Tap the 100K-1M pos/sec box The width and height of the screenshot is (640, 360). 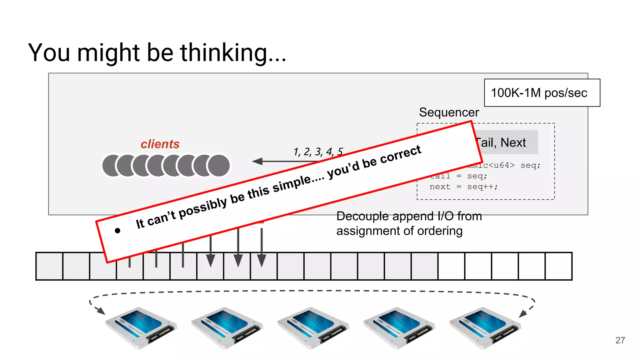542,93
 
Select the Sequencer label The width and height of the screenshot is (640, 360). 449,112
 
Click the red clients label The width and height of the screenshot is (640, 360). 160,144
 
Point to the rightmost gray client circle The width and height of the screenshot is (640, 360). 219,166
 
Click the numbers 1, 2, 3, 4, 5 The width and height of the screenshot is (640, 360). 318,152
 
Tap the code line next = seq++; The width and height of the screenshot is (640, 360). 463,187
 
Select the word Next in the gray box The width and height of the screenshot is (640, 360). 513,143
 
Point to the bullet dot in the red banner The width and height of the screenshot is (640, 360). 117,231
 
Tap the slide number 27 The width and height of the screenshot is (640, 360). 620,340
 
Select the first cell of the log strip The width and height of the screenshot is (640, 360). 49,266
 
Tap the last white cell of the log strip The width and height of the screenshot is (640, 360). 558,266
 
